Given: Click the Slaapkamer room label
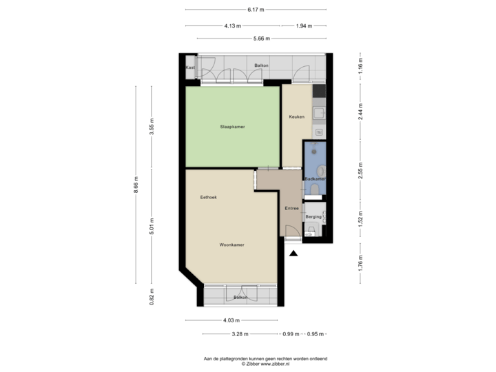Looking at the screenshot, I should click(232, 127).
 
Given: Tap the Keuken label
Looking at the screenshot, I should click(296, 116).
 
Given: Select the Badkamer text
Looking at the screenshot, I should click(315, 178).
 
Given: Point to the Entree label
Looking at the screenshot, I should click(291, 208).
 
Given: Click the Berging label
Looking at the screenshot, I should click(313, 216).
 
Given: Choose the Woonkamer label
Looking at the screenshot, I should click(232, 245).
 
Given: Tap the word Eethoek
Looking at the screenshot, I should click(209, 197).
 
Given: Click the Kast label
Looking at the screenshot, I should click(190, 68).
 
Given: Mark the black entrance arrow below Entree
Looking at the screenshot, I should click(293, 253).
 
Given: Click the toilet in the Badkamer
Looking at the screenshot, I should click(315, 189).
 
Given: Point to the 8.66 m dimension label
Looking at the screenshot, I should click(136, 184).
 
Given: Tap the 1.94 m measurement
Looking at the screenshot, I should click(303, 25).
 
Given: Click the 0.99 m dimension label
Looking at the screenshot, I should click(291, 334).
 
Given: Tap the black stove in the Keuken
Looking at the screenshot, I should click(319, 91).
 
